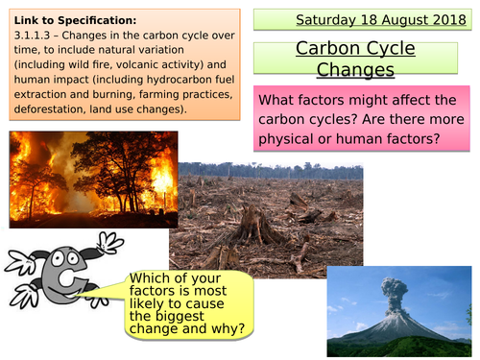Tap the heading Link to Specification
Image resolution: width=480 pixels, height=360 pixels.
click(68, 19)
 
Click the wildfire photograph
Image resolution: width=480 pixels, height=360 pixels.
click(93, 179)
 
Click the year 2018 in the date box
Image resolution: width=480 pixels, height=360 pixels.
click(440, 18)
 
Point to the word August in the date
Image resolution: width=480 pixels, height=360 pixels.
click(395, 18)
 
